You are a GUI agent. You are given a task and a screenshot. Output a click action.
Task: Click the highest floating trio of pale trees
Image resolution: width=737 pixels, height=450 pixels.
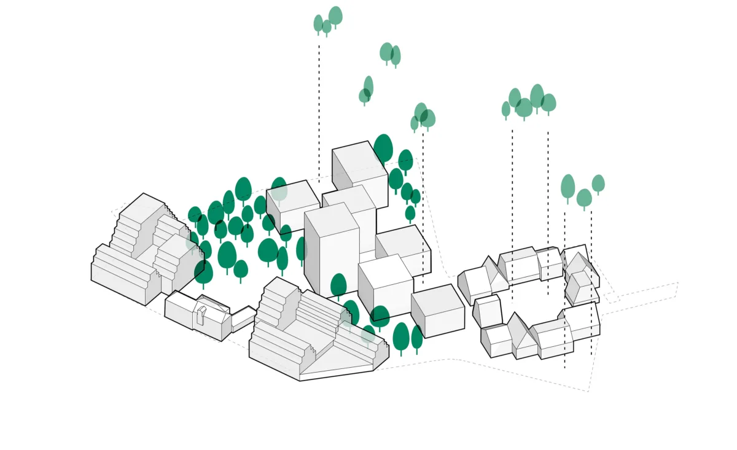[x=327, y=21]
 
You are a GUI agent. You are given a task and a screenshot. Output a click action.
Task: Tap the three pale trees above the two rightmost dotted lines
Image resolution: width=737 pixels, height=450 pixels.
[x=582, y=190]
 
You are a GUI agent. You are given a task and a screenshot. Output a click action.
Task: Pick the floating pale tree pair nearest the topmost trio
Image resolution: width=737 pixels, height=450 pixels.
[x=390, y=54]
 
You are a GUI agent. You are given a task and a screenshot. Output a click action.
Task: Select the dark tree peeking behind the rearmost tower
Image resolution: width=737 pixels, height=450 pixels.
[x=383, y=149]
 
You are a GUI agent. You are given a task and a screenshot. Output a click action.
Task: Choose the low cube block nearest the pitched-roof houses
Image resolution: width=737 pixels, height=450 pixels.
[x=437, y=310]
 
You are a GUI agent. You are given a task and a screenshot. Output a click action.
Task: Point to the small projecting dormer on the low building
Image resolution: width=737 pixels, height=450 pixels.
[x=201, y=314]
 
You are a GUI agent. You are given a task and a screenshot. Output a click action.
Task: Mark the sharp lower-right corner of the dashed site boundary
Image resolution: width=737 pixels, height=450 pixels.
[x=588, y=391]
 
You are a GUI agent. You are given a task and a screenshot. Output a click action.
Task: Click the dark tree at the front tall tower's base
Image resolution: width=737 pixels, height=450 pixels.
[x=338, y=285]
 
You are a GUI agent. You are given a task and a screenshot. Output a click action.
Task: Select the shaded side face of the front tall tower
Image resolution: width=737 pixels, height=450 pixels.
[x=312, y=252]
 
